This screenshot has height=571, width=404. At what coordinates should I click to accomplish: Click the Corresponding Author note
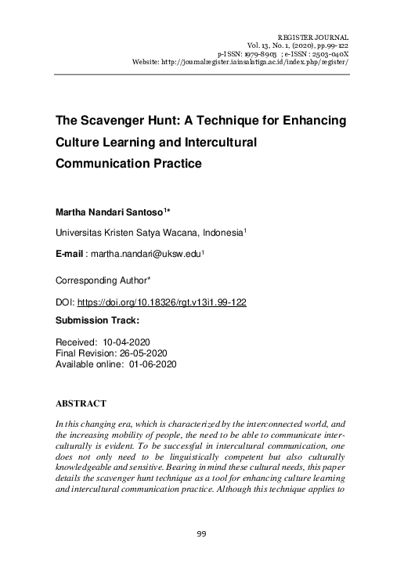108,280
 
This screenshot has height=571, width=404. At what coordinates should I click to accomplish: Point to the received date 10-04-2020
131,343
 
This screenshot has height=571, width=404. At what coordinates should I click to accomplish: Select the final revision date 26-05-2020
146,353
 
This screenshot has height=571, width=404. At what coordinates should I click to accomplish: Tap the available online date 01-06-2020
149,364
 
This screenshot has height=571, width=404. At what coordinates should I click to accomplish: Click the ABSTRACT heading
81,403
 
